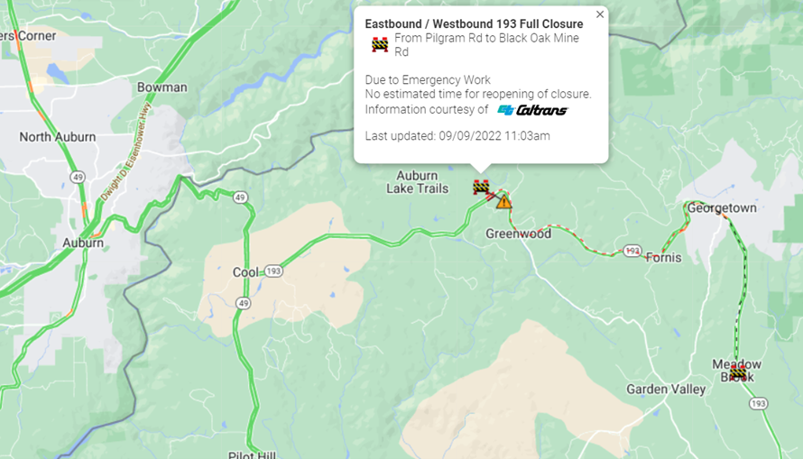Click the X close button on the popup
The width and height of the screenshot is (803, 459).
[600, 14]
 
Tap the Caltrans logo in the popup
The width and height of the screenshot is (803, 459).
[532, 110]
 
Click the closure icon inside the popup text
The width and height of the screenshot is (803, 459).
[380, 44]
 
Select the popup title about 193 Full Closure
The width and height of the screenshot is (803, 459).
[474, 23]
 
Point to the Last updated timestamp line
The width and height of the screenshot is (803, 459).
[457, 136]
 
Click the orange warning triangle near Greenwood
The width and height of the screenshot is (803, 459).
[503, 201]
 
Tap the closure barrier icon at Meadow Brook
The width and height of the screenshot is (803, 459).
[738, 372]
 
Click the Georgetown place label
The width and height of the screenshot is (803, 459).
[722, 208]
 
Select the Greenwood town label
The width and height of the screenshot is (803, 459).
[518, 234]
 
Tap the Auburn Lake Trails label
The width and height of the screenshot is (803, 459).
[417, 182]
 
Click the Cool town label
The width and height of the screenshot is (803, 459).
[245, 272]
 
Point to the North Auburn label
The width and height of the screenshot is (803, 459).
[58, 137]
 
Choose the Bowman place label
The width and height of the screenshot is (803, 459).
[162, 87]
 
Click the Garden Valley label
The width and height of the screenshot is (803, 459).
[667, 390]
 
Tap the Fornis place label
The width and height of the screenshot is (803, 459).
[663, 258]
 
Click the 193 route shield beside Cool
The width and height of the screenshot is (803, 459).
[274, 271]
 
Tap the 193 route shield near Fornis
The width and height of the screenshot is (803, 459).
[632, 250]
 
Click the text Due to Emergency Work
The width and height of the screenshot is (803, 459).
[428, 80]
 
